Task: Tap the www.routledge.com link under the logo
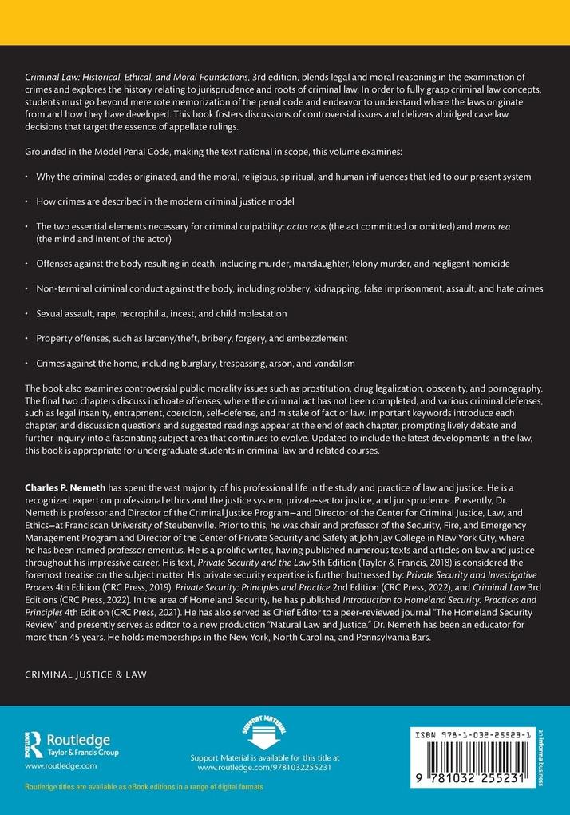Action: pyautogui.click(x=61, y=765)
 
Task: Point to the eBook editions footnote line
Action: pyautogui.click(x=144, y=787)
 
